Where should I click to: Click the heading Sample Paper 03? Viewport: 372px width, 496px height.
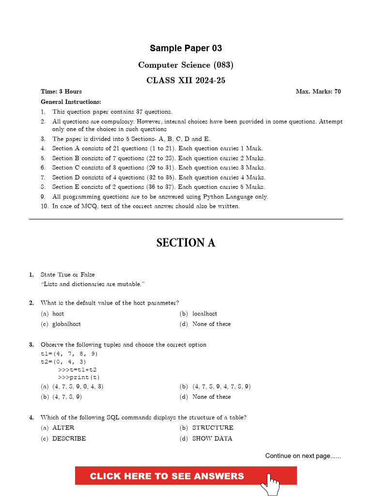[186, 48]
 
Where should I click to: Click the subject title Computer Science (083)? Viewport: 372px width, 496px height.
[186, 65]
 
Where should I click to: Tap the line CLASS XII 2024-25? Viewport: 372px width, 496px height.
[186, 81]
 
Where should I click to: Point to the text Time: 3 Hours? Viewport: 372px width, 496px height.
[61, 91]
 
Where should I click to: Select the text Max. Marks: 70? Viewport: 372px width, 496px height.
[318, 91]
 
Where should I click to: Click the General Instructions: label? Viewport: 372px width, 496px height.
[71, 102]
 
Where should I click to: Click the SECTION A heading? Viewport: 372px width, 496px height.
[186, 243]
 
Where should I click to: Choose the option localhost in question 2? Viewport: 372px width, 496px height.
[204, 314]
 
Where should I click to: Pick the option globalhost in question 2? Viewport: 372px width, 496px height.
[66, 324]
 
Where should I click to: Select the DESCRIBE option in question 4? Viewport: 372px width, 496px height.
[69, 438]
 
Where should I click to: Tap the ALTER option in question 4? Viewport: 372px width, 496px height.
[63, 428]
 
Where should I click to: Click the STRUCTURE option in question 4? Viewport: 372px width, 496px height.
[213, 428]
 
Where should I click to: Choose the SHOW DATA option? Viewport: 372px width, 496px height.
[212, 438]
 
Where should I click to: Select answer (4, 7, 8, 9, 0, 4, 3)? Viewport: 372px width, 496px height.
[77, 387]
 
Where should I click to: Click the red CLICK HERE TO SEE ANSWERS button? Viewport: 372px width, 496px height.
[167, 476]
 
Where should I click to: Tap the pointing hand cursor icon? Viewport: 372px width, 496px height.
[271, 483]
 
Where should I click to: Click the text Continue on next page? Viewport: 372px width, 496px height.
[303, 456]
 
